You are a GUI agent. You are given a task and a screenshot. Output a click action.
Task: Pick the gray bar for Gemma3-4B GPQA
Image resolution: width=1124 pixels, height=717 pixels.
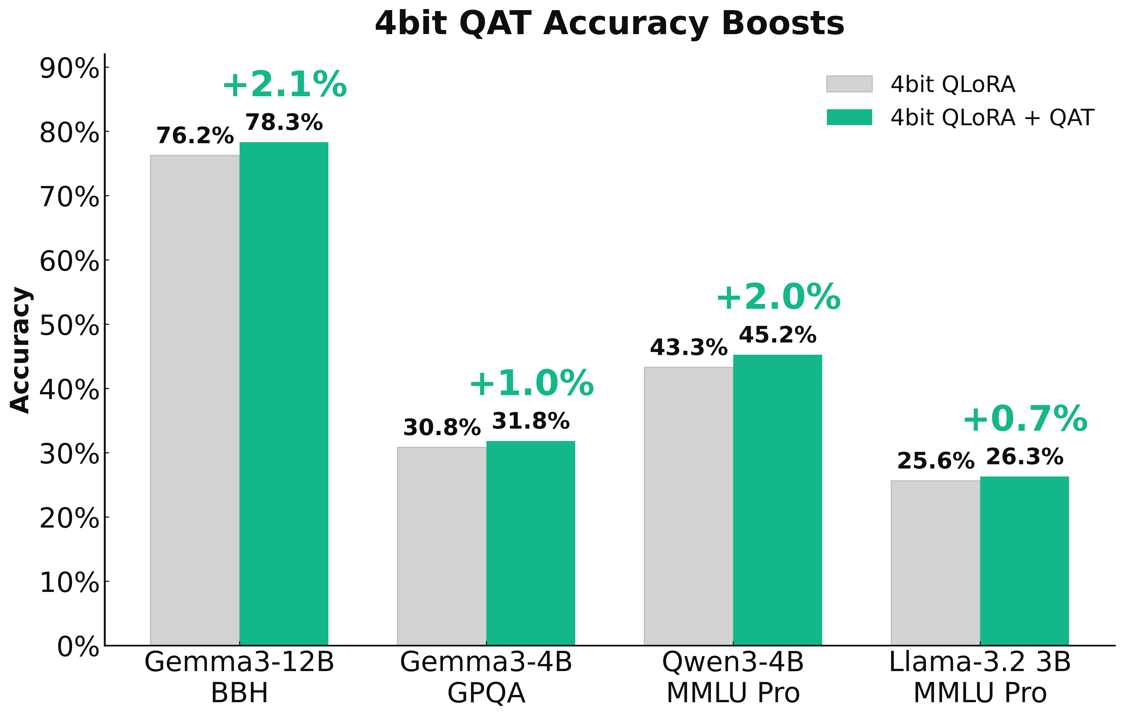tap(442, 546)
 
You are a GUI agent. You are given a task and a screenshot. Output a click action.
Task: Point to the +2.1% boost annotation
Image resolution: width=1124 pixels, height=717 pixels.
tap(285, 85)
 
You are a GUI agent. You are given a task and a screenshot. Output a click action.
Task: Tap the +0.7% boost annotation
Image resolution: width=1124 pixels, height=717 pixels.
tap(1025, 419)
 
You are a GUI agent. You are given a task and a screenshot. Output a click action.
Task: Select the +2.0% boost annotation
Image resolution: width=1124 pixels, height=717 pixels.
tap(778, 297)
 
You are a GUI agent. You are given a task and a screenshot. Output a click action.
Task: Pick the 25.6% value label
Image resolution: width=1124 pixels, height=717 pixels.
tap(936, 461)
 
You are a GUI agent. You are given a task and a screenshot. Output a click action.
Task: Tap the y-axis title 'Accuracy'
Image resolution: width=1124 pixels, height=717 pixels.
tap(21, 350)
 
